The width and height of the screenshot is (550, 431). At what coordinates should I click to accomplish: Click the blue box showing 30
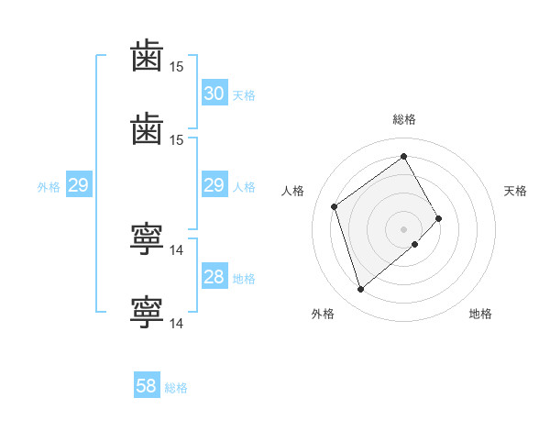tap(214, 93)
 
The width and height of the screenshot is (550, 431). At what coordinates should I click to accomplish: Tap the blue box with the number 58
tap(147, 384)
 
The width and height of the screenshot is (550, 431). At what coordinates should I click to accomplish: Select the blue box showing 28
tap(214, 275)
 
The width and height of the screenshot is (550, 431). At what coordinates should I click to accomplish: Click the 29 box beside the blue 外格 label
tap(79, 184)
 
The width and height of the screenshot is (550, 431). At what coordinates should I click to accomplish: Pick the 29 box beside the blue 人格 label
tap(214, 184)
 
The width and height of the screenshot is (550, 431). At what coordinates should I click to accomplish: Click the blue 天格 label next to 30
tap(244, 95)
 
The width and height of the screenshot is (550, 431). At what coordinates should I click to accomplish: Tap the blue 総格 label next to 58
tap(176, 388)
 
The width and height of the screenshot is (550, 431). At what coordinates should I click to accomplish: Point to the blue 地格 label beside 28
tap(244, 279)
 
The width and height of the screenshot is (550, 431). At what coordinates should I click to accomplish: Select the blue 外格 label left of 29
tap(49, 187)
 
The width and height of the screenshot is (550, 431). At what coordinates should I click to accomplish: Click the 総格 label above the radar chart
tap(404, 119)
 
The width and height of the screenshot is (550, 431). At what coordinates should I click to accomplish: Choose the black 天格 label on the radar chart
tap(515, 191)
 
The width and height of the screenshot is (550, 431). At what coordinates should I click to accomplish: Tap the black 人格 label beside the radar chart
tap(292, 191)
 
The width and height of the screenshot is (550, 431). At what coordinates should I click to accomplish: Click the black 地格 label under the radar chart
tap(480, 314)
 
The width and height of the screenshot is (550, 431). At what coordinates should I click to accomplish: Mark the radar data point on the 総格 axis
tap(403, 156)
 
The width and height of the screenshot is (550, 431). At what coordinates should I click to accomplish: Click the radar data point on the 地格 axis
tap(415, 244)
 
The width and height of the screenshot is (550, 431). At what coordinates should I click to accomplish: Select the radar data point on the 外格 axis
tap(360, 289)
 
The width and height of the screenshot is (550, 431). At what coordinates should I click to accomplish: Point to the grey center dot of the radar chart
tap(403, 229)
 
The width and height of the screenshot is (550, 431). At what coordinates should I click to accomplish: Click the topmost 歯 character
tap(147, 55)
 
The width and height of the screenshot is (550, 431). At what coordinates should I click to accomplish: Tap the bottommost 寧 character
tap(147, 312)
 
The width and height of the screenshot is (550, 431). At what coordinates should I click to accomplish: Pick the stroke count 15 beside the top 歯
tap(176, 67)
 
